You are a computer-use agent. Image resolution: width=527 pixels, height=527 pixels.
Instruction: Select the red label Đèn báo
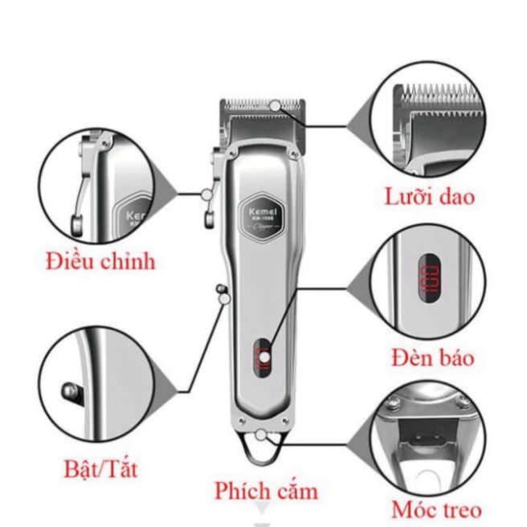pos(433,358)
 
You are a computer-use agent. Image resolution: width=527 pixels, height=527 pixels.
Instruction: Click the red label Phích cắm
pos(265,490)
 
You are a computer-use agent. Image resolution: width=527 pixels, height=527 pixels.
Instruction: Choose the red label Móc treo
pos(436,509)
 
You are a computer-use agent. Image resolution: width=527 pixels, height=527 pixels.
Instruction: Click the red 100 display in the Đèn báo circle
pos(431,280)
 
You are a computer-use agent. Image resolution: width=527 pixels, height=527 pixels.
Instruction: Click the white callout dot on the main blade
pos(276,104)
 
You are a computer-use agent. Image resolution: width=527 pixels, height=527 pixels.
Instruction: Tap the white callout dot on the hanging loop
pos(263,436)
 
